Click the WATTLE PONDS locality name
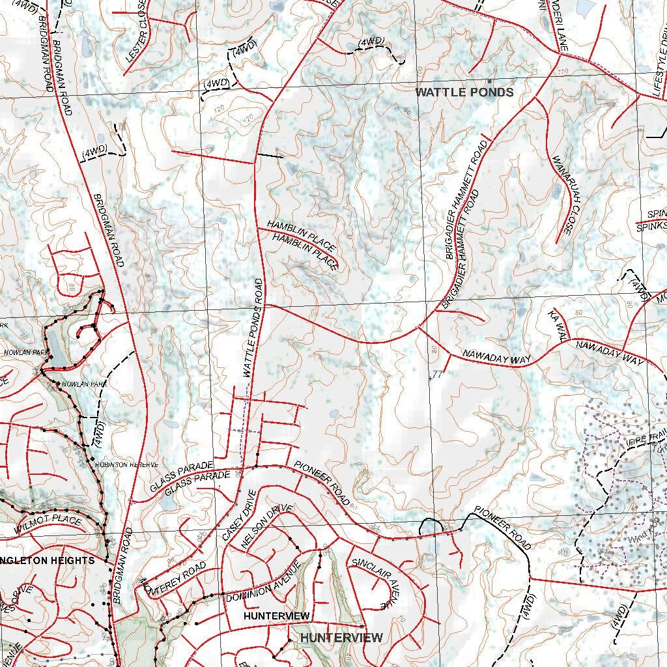[x=464, y=92]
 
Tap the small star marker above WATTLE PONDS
[x=489, y=81]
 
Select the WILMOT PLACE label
[x=49, y=526]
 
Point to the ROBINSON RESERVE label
[x=128, y=465]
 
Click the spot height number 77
[x=436, y=375]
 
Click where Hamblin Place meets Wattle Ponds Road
[x=259, y=228]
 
